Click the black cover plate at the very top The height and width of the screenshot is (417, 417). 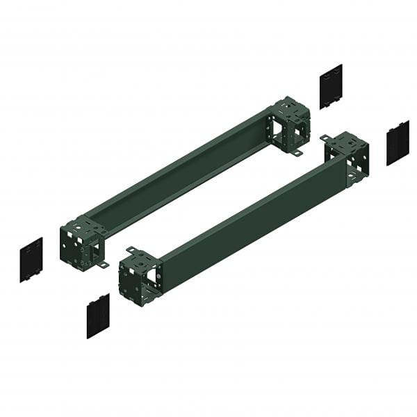pos(331,86)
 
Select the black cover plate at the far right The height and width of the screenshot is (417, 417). pos(398,142)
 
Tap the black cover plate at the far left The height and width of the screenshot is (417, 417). pos(31,259)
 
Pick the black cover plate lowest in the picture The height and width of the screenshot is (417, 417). pos(98,316)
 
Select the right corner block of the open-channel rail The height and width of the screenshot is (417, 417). pos(291,125)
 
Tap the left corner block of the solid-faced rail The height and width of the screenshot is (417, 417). pos(139,275)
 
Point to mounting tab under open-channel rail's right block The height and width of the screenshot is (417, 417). pos(296,152)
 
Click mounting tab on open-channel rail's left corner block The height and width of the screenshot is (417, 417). pos(102,265)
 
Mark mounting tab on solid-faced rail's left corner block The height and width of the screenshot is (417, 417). pos(131,250)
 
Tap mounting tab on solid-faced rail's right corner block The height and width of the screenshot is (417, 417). pos(325,138)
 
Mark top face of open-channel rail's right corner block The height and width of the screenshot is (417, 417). pos(291,108)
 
